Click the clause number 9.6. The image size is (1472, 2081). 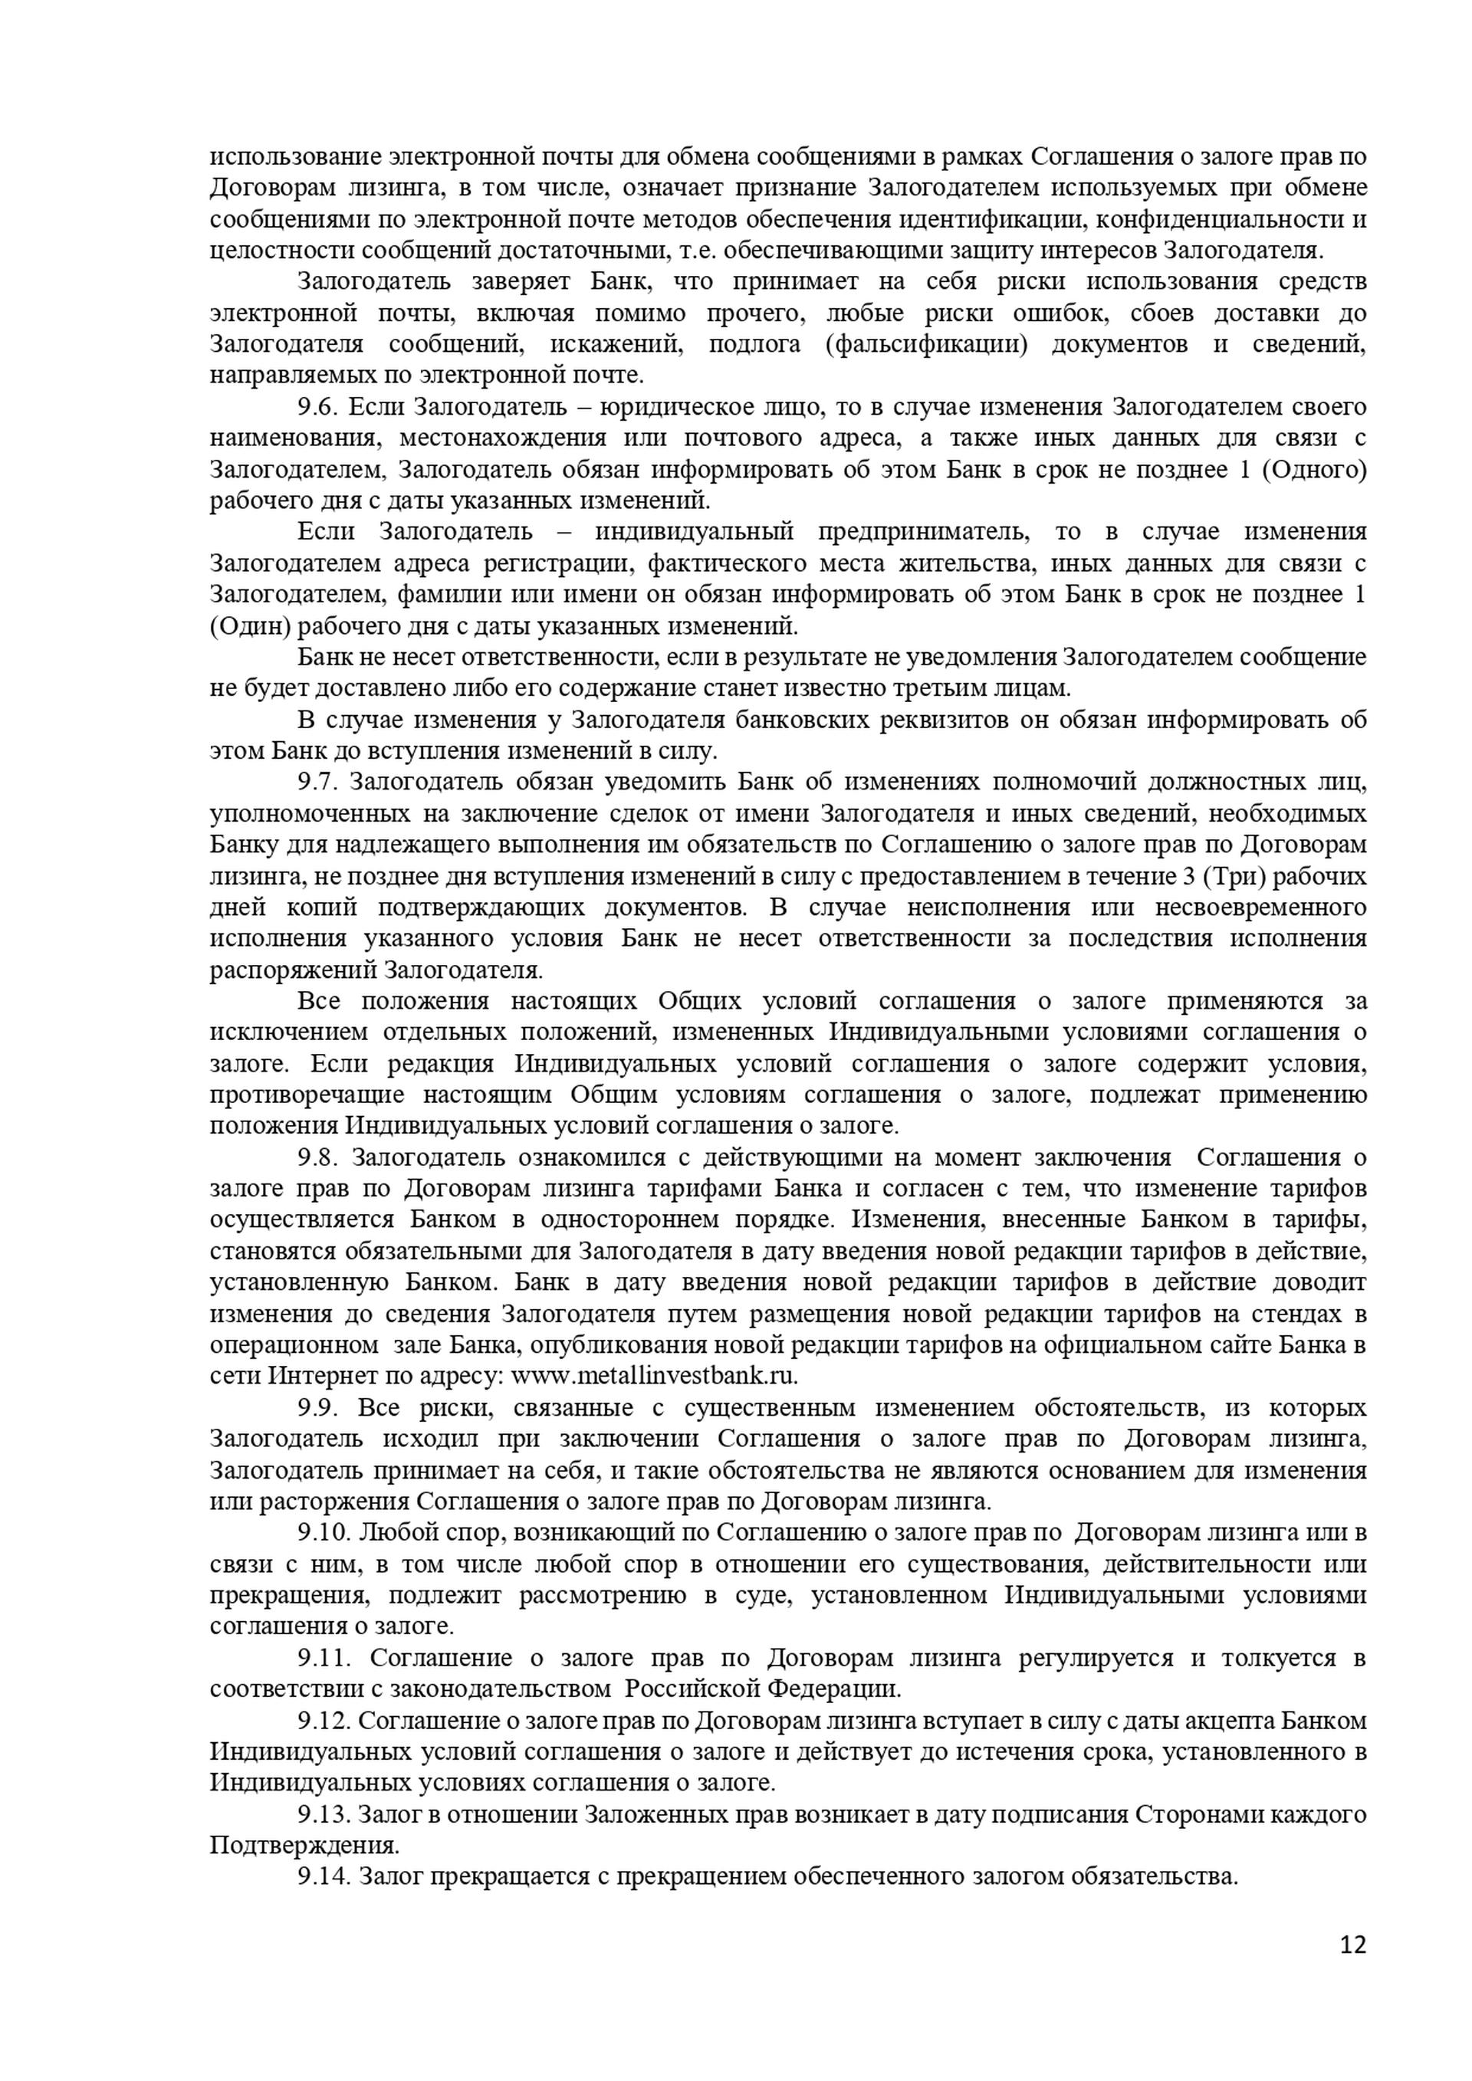pos(318,407)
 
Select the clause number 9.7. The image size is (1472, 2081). pos(318,782)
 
